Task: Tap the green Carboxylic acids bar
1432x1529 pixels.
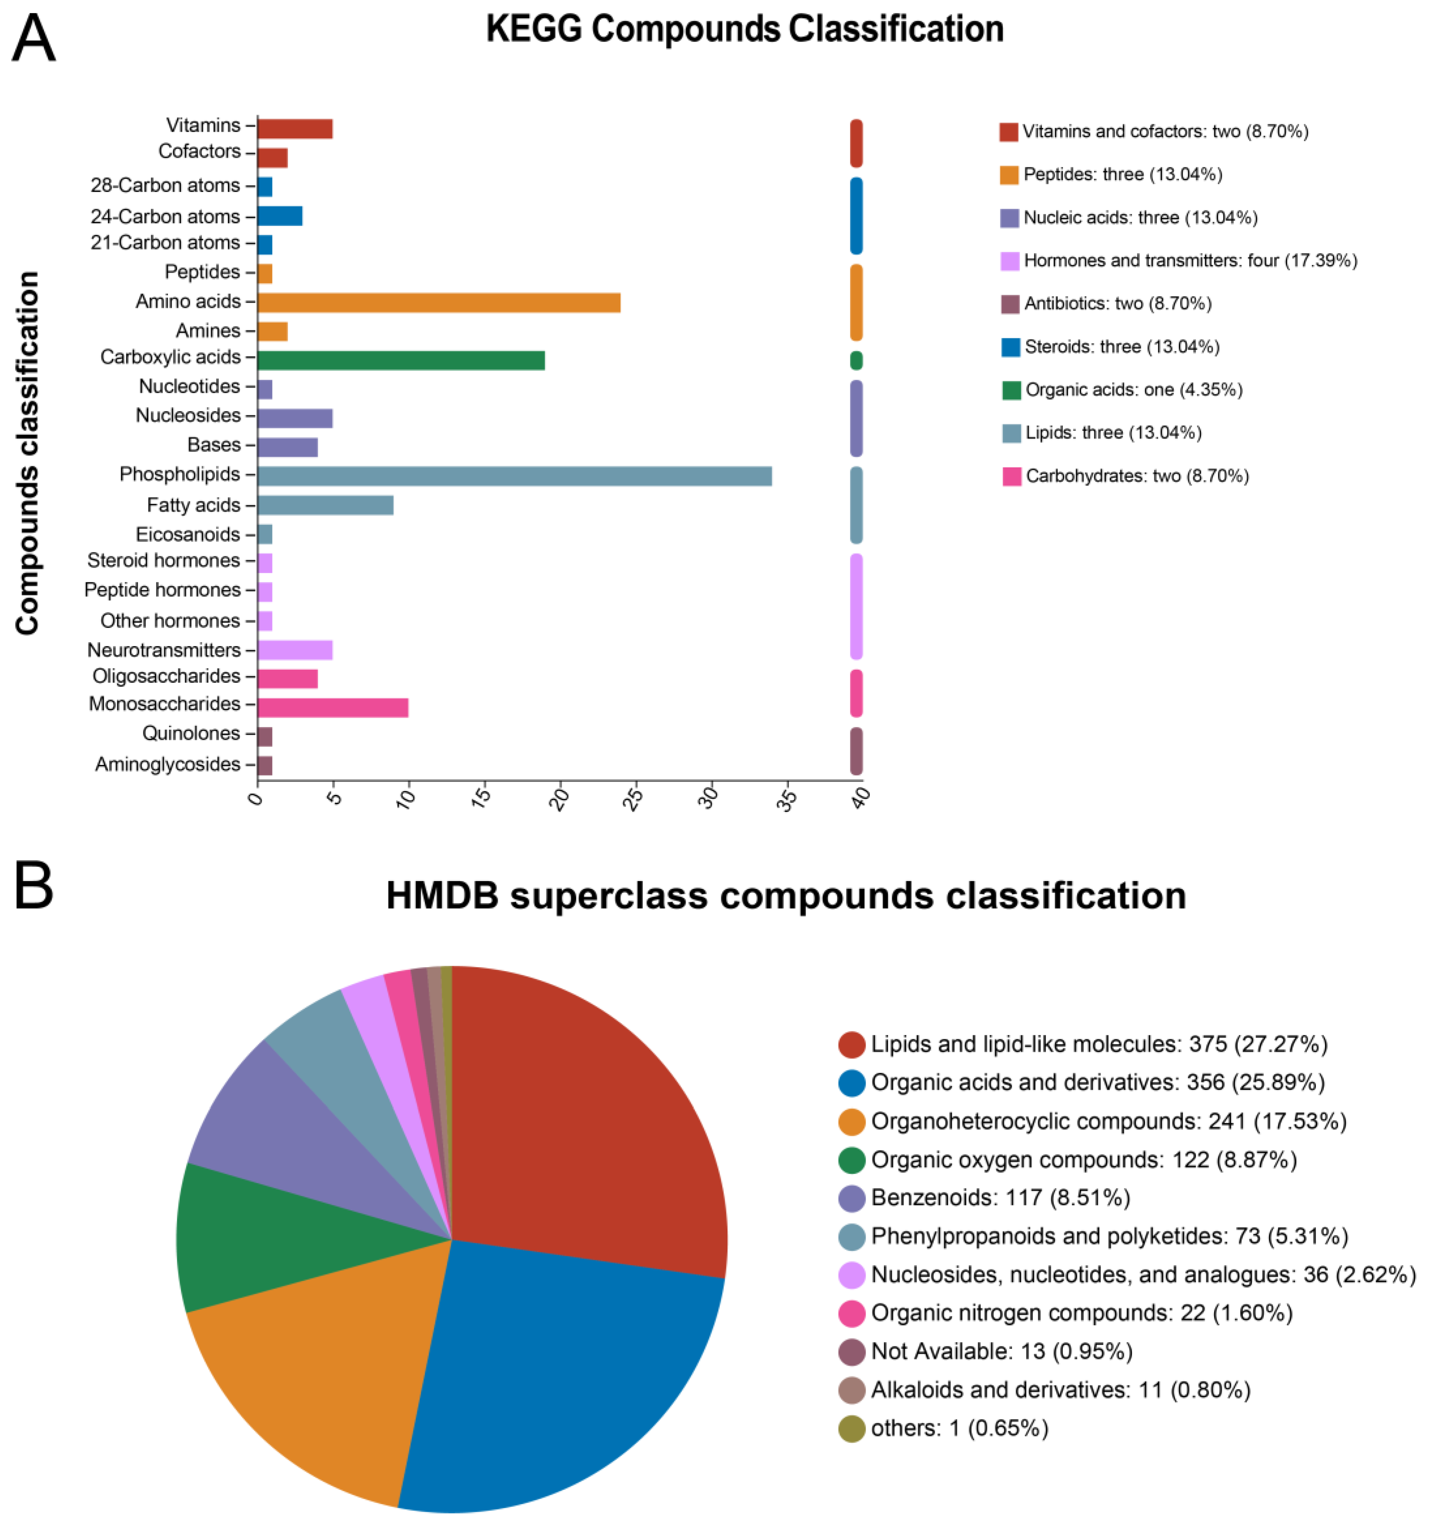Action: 401,360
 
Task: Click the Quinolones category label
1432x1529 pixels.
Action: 191,733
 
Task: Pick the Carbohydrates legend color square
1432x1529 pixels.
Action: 1011,476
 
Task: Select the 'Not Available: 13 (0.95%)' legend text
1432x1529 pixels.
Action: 1001,1351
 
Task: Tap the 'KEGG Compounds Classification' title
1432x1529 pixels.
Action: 744,29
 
